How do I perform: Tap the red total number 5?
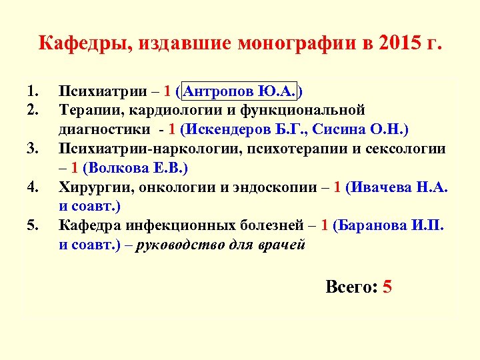(387, 287)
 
